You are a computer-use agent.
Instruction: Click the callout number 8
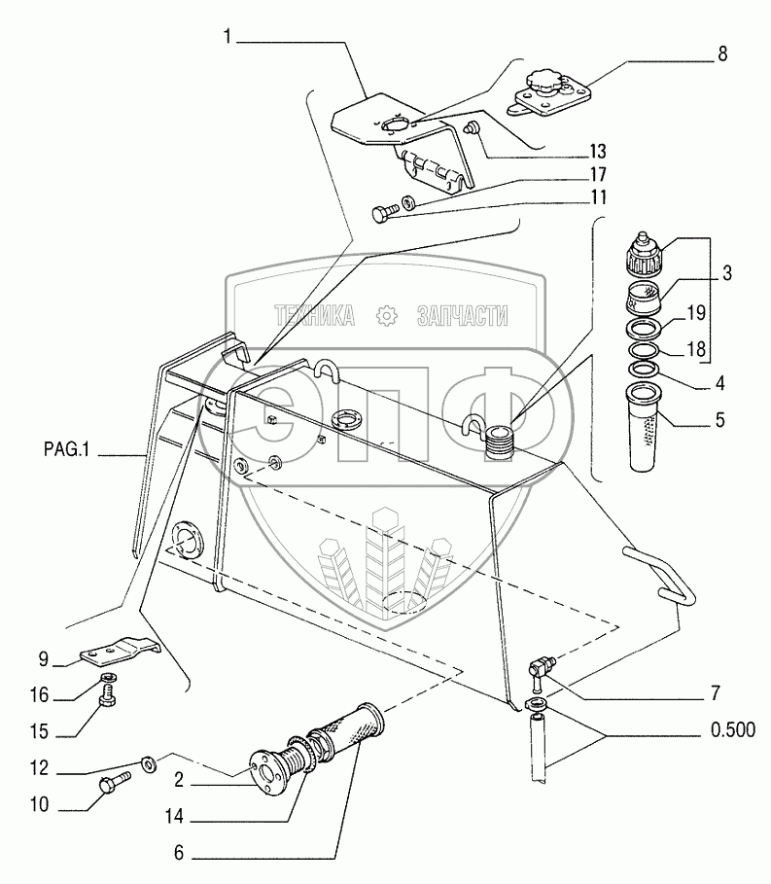point(721,54)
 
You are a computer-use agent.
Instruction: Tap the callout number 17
point(597,175)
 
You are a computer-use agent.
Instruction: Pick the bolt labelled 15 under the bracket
point(110,695)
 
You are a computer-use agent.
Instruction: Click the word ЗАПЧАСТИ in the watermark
point(462,315)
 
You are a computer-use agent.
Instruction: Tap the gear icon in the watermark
point(387,315)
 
